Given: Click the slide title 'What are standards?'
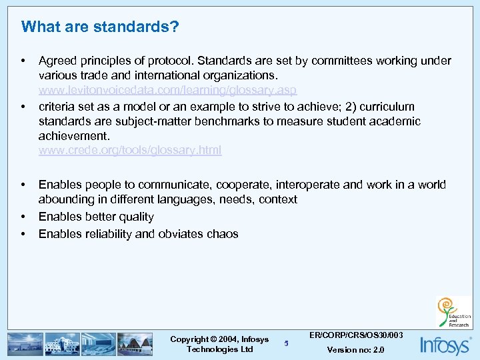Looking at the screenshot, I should coord(100,27).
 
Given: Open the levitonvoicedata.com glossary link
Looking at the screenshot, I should coord(167,90).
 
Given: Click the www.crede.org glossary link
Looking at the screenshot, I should coord(130,151).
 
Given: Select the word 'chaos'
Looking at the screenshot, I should coord(223,234).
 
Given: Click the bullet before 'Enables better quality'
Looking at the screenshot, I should coord(24,217).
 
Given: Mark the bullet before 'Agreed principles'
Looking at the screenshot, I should coord(24,61).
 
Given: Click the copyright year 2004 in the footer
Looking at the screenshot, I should coord(225,339).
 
